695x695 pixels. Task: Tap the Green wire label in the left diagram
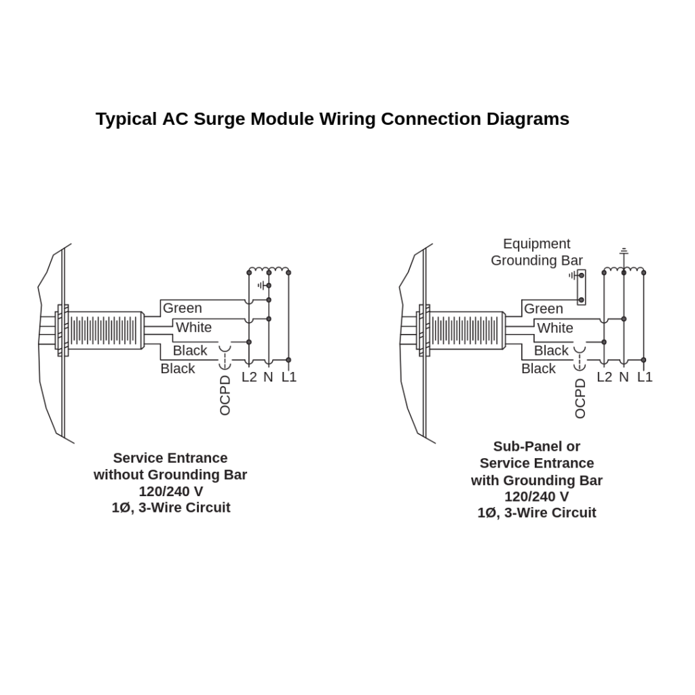click(182, 308)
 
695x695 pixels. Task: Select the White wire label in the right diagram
click(555, 328)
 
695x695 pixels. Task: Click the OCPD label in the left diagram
click(225, 395)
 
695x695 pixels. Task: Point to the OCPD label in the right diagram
click(580, 398)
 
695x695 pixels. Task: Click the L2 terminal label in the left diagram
click(249, 377)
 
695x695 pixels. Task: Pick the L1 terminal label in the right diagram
click(645, 377)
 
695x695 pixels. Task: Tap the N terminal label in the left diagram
click(268, 377)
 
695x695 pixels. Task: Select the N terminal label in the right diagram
click(624, 377)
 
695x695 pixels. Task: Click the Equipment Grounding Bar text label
click(537, 252)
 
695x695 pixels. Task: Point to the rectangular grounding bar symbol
click(582, 287)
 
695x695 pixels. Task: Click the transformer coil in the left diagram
click(269, 269)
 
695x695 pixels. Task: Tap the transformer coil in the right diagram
click(624, 269)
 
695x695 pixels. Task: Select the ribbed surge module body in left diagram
click(106, 331)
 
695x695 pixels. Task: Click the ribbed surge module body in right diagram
click(468, 331)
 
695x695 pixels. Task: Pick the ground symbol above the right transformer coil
click(624, 251)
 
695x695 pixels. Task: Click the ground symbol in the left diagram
click(262, 286)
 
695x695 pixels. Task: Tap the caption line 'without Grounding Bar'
click(170, 475)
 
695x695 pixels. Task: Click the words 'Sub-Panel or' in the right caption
click(537, 447)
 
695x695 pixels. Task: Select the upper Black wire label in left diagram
click(190, 351)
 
